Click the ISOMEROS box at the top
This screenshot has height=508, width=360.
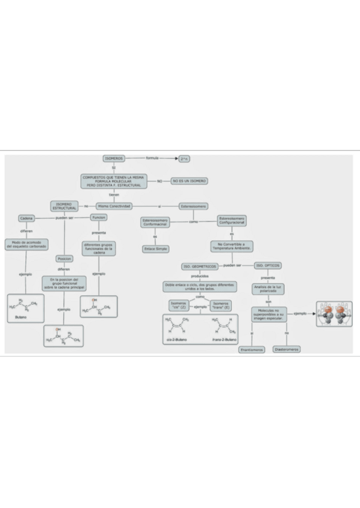click(113, 159)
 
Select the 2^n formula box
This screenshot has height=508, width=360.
click(184, 159)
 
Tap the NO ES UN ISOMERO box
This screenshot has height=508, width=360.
click(189, 181)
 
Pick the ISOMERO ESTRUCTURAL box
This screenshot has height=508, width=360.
click(64, 206)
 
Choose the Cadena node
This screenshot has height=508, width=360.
click(26, 218)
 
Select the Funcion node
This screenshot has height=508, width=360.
click(99, 217)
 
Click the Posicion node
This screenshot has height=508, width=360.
click(64, 259)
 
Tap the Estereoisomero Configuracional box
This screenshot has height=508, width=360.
click(232, 220)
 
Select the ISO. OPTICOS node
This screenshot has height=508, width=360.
click(268, 265)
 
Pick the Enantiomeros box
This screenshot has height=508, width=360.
click(252, 349)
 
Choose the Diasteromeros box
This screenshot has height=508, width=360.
click(286, 349)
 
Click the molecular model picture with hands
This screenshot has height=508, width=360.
click(334, 314)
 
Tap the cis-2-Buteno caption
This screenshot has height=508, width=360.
click(178, 340)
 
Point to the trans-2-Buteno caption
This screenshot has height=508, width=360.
click(225, 340)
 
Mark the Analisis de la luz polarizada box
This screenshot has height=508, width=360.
click(268, 289)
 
